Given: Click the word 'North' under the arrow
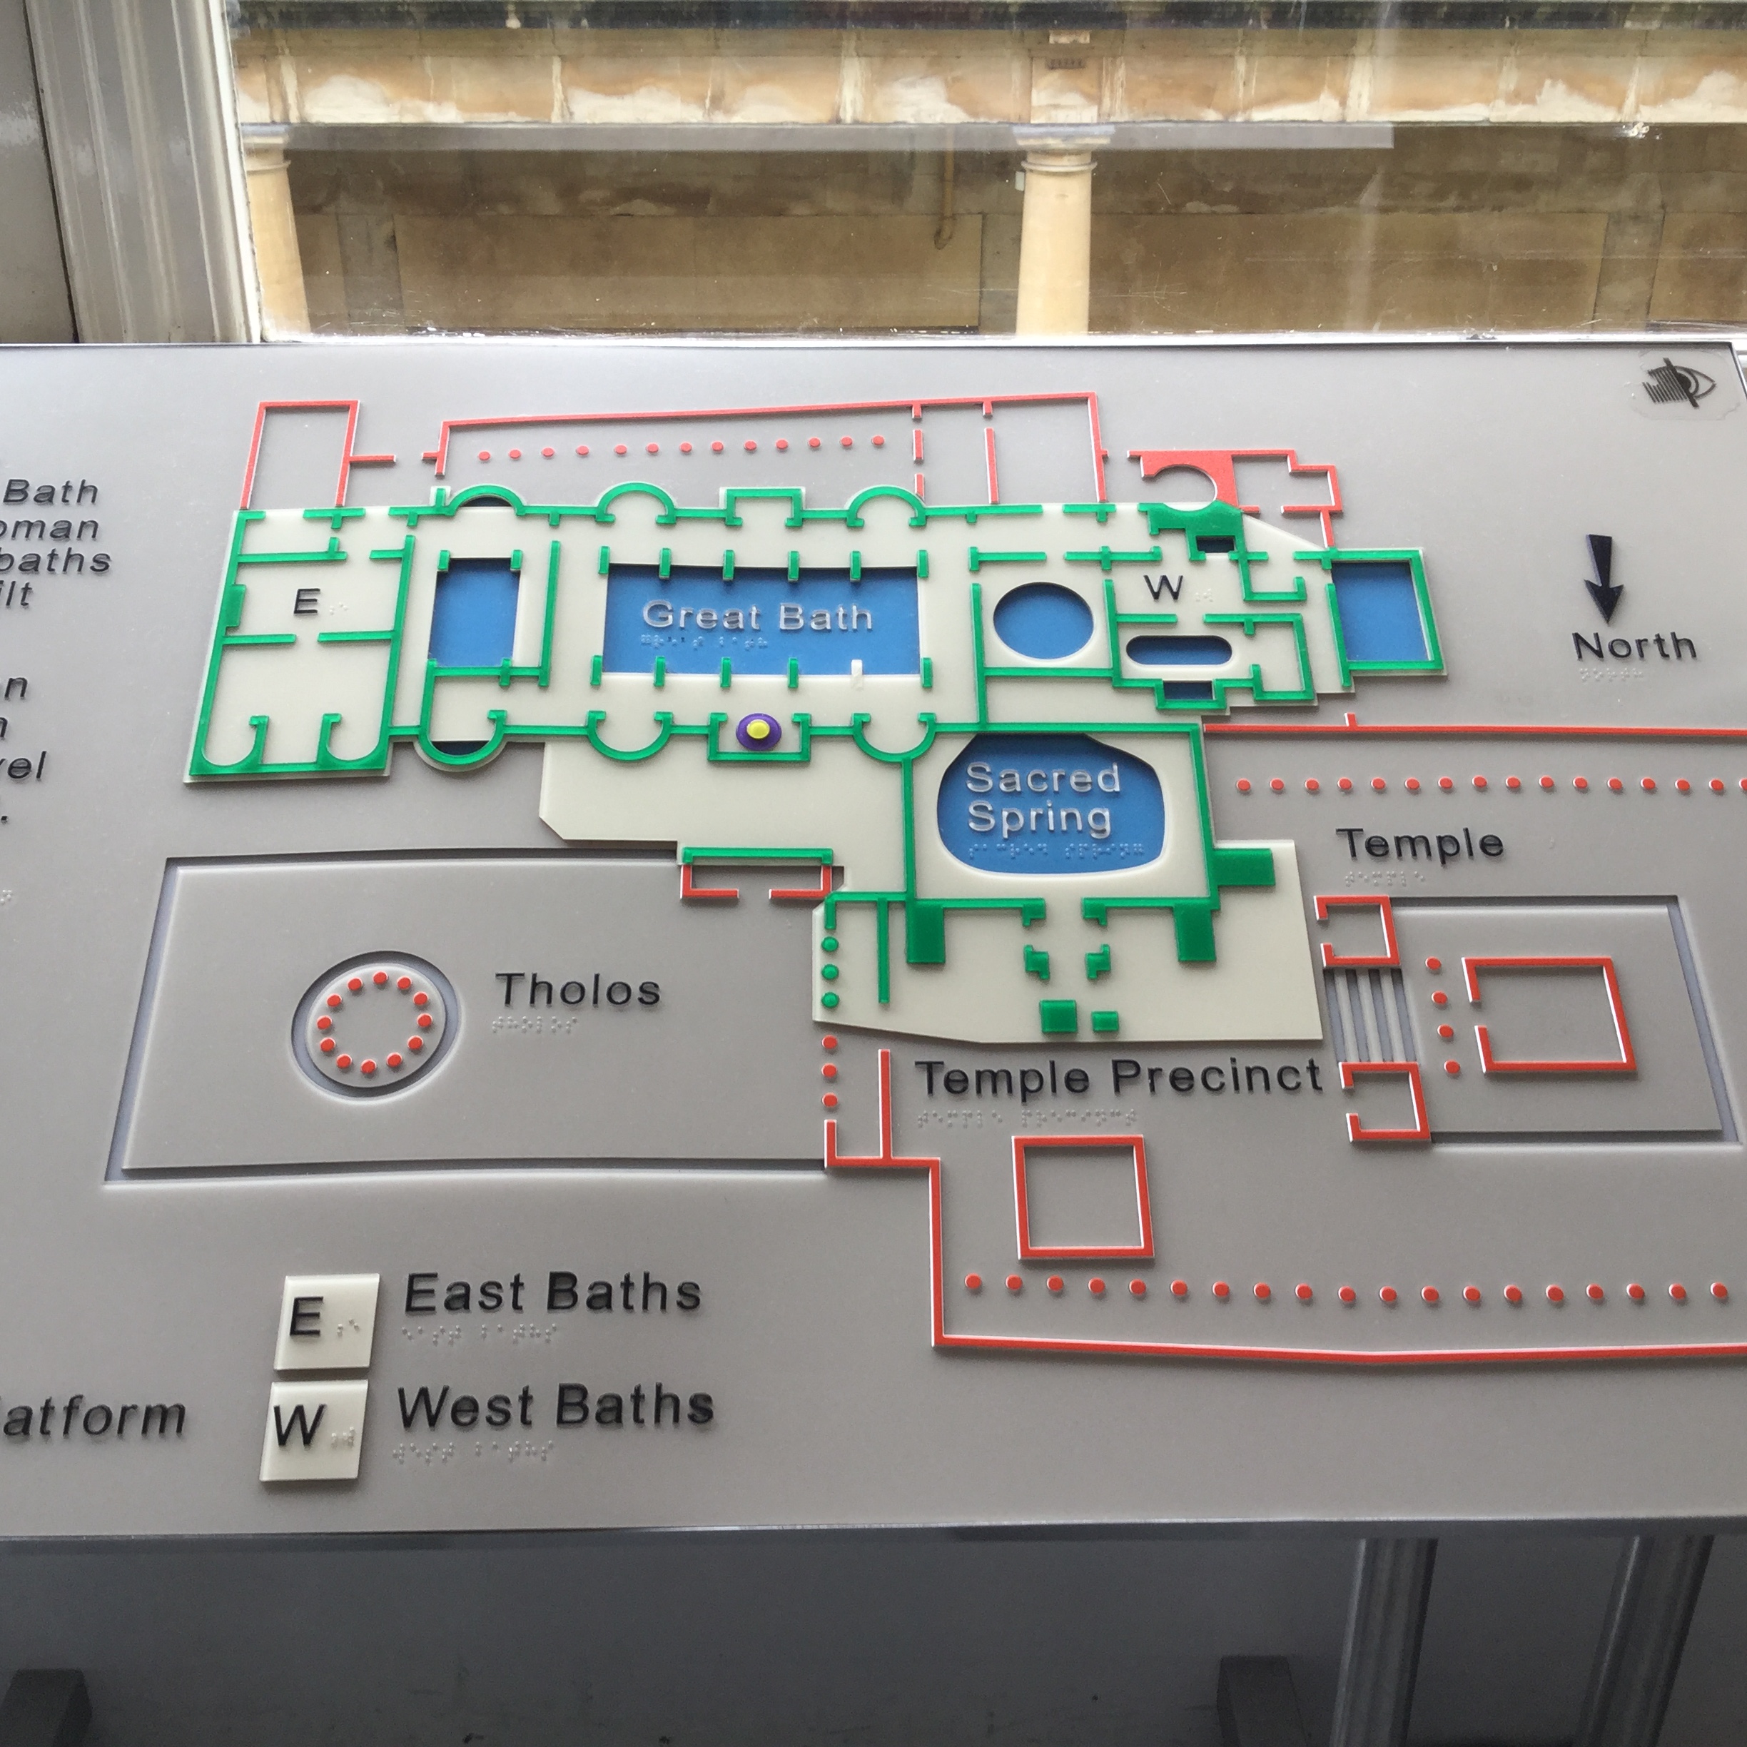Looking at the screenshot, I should [1633, 646].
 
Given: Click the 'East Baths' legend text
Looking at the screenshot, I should [552, 1293].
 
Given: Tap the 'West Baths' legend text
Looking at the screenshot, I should [555, 1408].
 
